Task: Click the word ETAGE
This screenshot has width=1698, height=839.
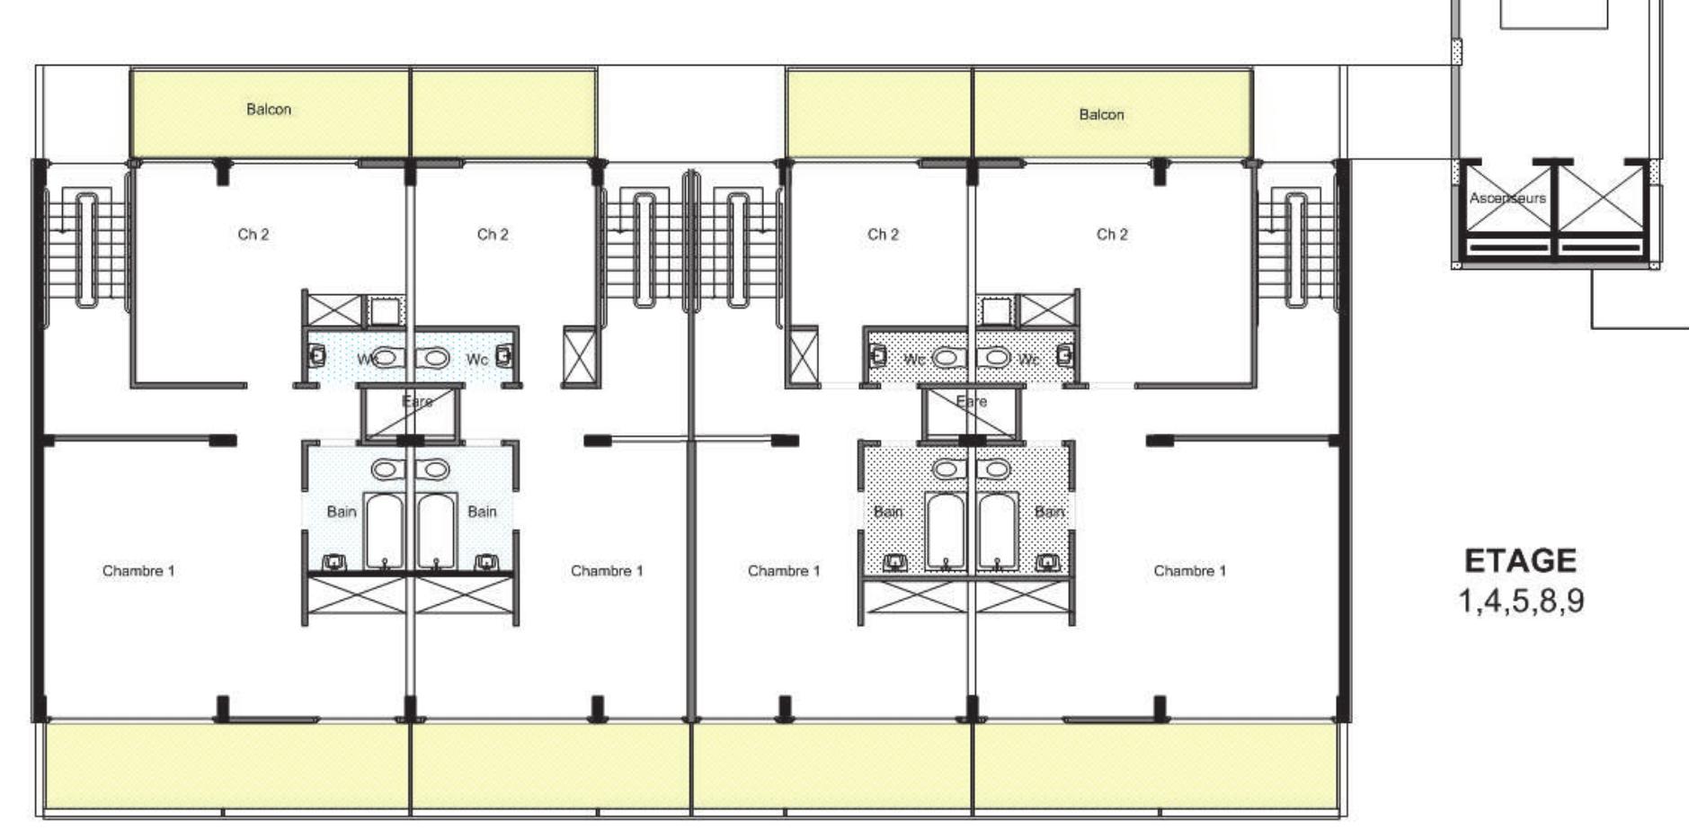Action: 1520,561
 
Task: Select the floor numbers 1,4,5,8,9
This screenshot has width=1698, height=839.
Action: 1520,601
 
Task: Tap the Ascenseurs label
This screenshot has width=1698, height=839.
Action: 1507,198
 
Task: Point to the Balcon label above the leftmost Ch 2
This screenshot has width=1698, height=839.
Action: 269,110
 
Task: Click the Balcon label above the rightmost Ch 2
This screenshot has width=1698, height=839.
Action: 1101,115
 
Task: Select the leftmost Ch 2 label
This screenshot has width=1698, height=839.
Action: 253,235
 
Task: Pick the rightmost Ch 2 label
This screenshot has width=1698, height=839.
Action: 1112,235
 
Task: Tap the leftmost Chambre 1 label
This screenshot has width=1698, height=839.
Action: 138,571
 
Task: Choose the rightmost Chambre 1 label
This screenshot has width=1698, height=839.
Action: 1189,571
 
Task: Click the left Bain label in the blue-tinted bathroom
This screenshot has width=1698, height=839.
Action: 342,512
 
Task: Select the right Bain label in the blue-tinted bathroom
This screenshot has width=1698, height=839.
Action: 482,512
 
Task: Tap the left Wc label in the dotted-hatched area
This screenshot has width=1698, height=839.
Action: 913,360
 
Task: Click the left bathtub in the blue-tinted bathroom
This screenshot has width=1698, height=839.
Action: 385,531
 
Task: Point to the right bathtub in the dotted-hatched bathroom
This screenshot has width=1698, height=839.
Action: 997,531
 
